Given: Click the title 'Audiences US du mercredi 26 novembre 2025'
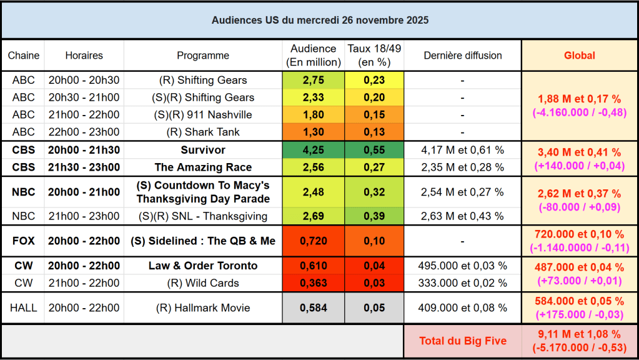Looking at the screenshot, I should click(320, 20).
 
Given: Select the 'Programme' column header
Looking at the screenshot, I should click(203, 56).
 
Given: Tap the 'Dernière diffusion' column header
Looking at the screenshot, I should click(462, 56).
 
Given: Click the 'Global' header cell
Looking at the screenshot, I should click(579, 56).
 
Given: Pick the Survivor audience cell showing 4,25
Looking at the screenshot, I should click(313, 150).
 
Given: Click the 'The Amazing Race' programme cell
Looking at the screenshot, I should click(203, 167).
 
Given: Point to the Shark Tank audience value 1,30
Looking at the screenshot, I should click(313, 132).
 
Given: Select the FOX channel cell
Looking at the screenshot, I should click(24, 241).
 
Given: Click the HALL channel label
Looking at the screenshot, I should click(24, 307).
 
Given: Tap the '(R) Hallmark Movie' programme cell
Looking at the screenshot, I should click(203, 307).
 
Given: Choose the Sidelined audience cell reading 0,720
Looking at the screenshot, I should click(313, 241).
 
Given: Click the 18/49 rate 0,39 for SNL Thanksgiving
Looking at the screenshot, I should click(374, 216).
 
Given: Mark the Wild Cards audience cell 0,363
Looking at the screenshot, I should click(313, 283).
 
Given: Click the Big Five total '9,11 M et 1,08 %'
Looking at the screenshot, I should click(579, 334).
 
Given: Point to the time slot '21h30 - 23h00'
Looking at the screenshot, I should click(84, 167).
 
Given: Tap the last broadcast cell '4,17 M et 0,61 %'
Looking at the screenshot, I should click(462, 150).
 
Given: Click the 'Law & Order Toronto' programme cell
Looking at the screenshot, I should click(203, 266).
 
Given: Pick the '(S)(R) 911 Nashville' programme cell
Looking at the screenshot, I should click(203, 115).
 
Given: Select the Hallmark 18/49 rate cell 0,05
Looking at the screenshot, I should click(374, 307).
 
